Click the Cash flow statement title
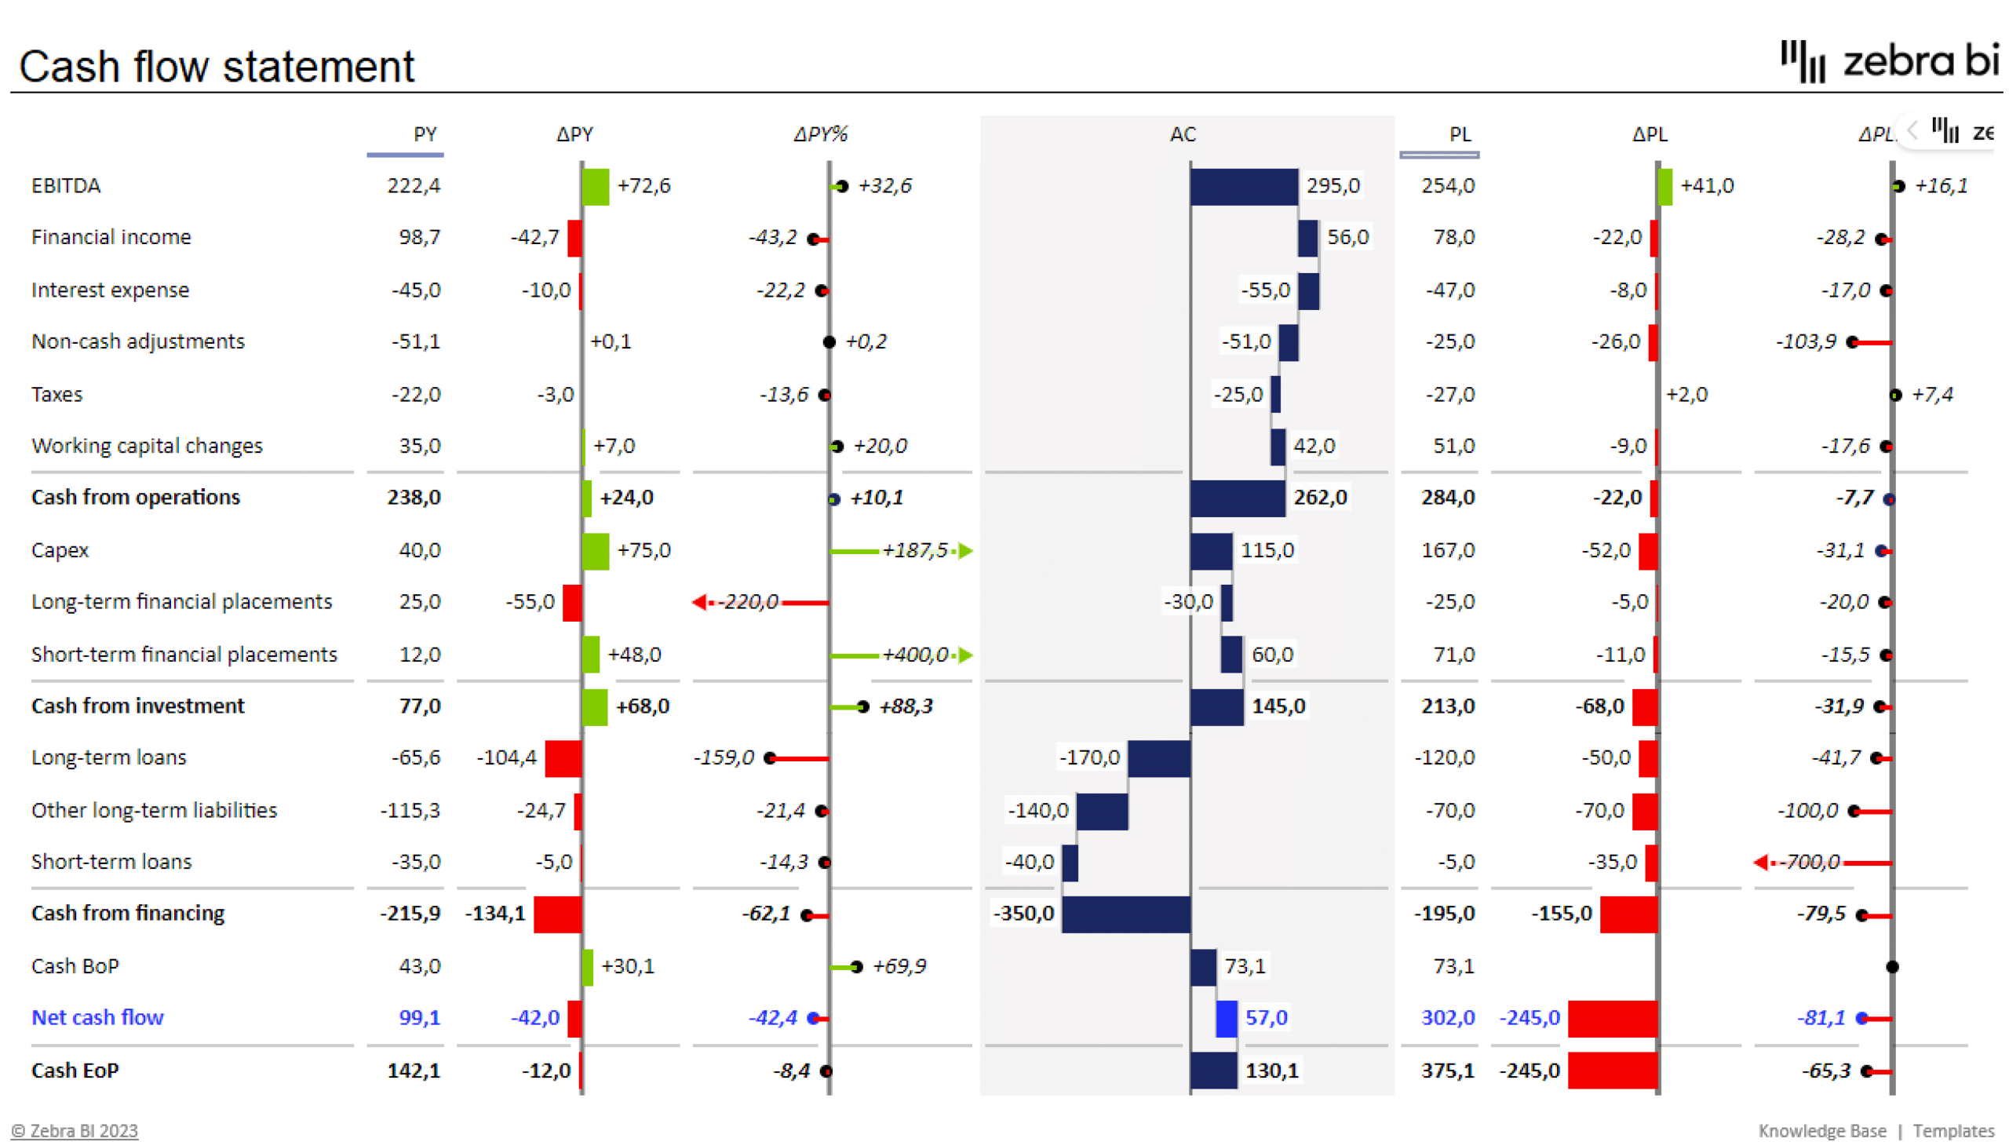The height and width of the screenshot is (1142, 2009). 217,66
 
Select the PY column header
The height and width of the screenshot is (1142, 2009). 425,134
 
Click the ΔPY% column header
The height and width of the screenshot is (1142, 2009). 820,134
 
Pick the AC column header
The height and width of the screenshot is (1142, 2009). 1183,134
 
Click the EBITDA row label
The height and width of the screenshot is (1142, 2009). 66,186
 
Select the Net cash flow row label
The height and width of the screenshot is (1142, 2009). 97,1017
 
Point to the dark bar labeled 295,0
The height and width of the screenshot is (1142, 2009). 1243,187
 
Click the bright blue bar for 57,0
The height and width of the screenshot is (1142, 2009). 1226,1018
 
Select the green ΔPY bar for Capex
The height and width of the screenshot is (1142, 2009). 596,551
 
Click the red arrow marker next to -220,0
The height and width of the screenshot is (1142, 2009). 699,602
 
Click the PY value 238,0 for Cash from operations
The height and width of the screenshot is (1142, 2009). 414,498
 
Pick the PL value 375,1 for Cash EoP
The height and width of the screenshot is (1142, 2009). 1448,1071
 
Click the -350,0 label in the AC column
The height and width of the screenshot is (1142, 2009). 1023,914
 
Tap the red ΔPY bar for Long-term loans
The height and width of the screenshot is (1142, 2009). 563,758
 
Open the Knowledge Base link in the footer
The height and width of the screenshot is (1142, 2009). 1821,1130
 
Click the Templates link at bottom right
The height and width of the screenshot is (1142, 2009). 1952,1130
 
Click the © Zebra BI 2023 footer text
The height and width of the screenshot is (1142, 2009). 75,1130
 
